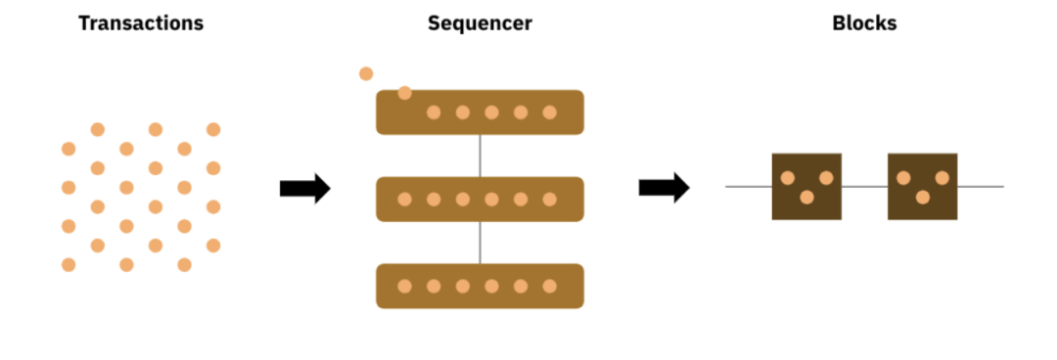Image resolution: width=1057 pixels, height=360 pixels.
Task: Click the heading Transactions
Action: coord(141,22)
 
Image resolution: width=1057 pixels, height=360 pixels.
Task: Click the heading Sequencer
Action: coord(480,23)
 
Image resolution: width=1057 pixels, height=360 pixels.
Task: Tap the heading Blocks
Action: coord(864,22)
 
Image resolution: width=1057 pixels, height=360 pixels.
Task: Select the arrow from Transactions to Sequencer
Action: coord(304,188)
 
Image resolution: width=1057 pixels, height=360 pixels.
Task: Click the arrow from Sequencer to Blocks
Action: coord(664,188)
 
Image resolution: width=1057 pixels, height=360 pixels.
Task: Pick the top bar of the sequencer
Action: coord(480,112)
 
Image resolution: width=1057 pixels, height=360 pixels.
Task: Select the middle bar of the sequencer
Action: coord(480,199)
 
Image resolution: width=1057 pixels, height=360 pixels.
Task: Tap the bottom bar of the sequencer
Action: coord(480,286)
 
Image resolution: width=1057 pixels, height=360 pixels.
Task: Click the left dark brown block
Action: coord(806,187)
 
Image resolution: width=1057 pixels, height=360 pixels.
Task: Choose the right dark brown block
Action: coord(922,187)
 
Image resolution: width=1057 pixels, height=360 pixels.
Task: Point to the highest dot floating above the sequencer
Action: coord(366,73)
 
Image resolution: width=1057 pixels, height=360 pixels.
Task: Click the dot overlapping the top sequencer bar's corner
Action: coord(404,93)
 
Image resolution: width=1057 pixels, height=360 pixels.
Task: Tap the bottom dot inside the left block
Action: coord(806,198)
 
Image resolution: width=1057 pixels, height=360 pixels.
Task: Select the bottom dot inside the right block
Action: coord(923,198)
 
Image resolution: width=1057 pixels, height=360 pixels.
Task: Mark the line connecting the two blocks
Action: coord(864,187)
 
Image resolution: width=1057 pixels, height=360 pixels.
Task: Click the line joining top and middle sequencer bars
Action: coord(480,156)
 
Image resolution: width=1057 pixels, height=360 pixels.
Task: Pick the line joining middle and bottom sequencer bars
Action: coord(480,243)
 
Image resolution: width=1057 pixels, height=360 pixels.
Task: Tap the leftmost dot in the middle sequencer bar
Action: coord(404,199)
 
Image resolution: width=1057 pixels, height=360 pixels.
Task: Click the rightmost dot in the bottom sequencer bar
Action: coord(549,286)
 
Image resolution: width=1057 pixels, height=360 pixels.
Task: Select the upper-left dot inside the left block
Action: coord(787,178)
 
